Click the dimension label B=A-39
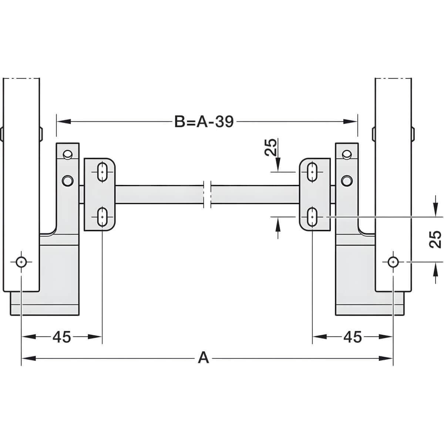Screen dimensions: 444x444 coord(204,121)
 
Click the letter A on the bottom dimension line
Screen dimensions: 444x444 coord(203,359)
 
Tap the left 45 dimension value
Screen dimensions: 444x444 coord(61,337)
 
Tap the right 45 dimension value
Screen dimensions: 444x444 coord(353,337)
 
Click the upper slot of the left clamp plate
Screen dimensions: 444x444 coord(102,172)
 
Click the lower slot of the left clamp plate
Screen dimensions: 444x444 coord(102,217)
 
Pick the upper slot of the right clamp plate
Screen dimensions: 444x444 coord(312,172)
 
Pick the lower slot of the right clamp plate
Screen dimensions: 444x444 coord(312,217)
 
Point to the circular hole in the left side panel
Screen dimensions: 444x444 coord(21,262)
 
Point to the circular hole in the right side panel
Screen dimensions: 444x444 coord(393,262)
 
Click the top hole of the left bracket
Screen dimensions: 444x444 coord(67,154)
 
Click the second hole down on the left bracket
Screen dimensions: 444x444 coord(67,181)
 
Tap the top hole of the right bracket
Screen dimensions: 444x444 coord(347,154)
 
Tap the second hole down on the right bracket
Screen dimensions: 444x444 coord(347,181)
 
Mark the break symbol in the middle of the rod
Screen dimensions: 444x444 coord(207,194)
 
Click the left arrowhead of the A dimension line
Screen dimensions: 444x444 coord(28,359)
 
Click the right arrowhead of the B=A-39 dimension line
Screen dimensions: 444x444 coord(350,121)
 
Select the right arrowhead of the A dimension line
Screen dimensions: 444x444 coord(386,359)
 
